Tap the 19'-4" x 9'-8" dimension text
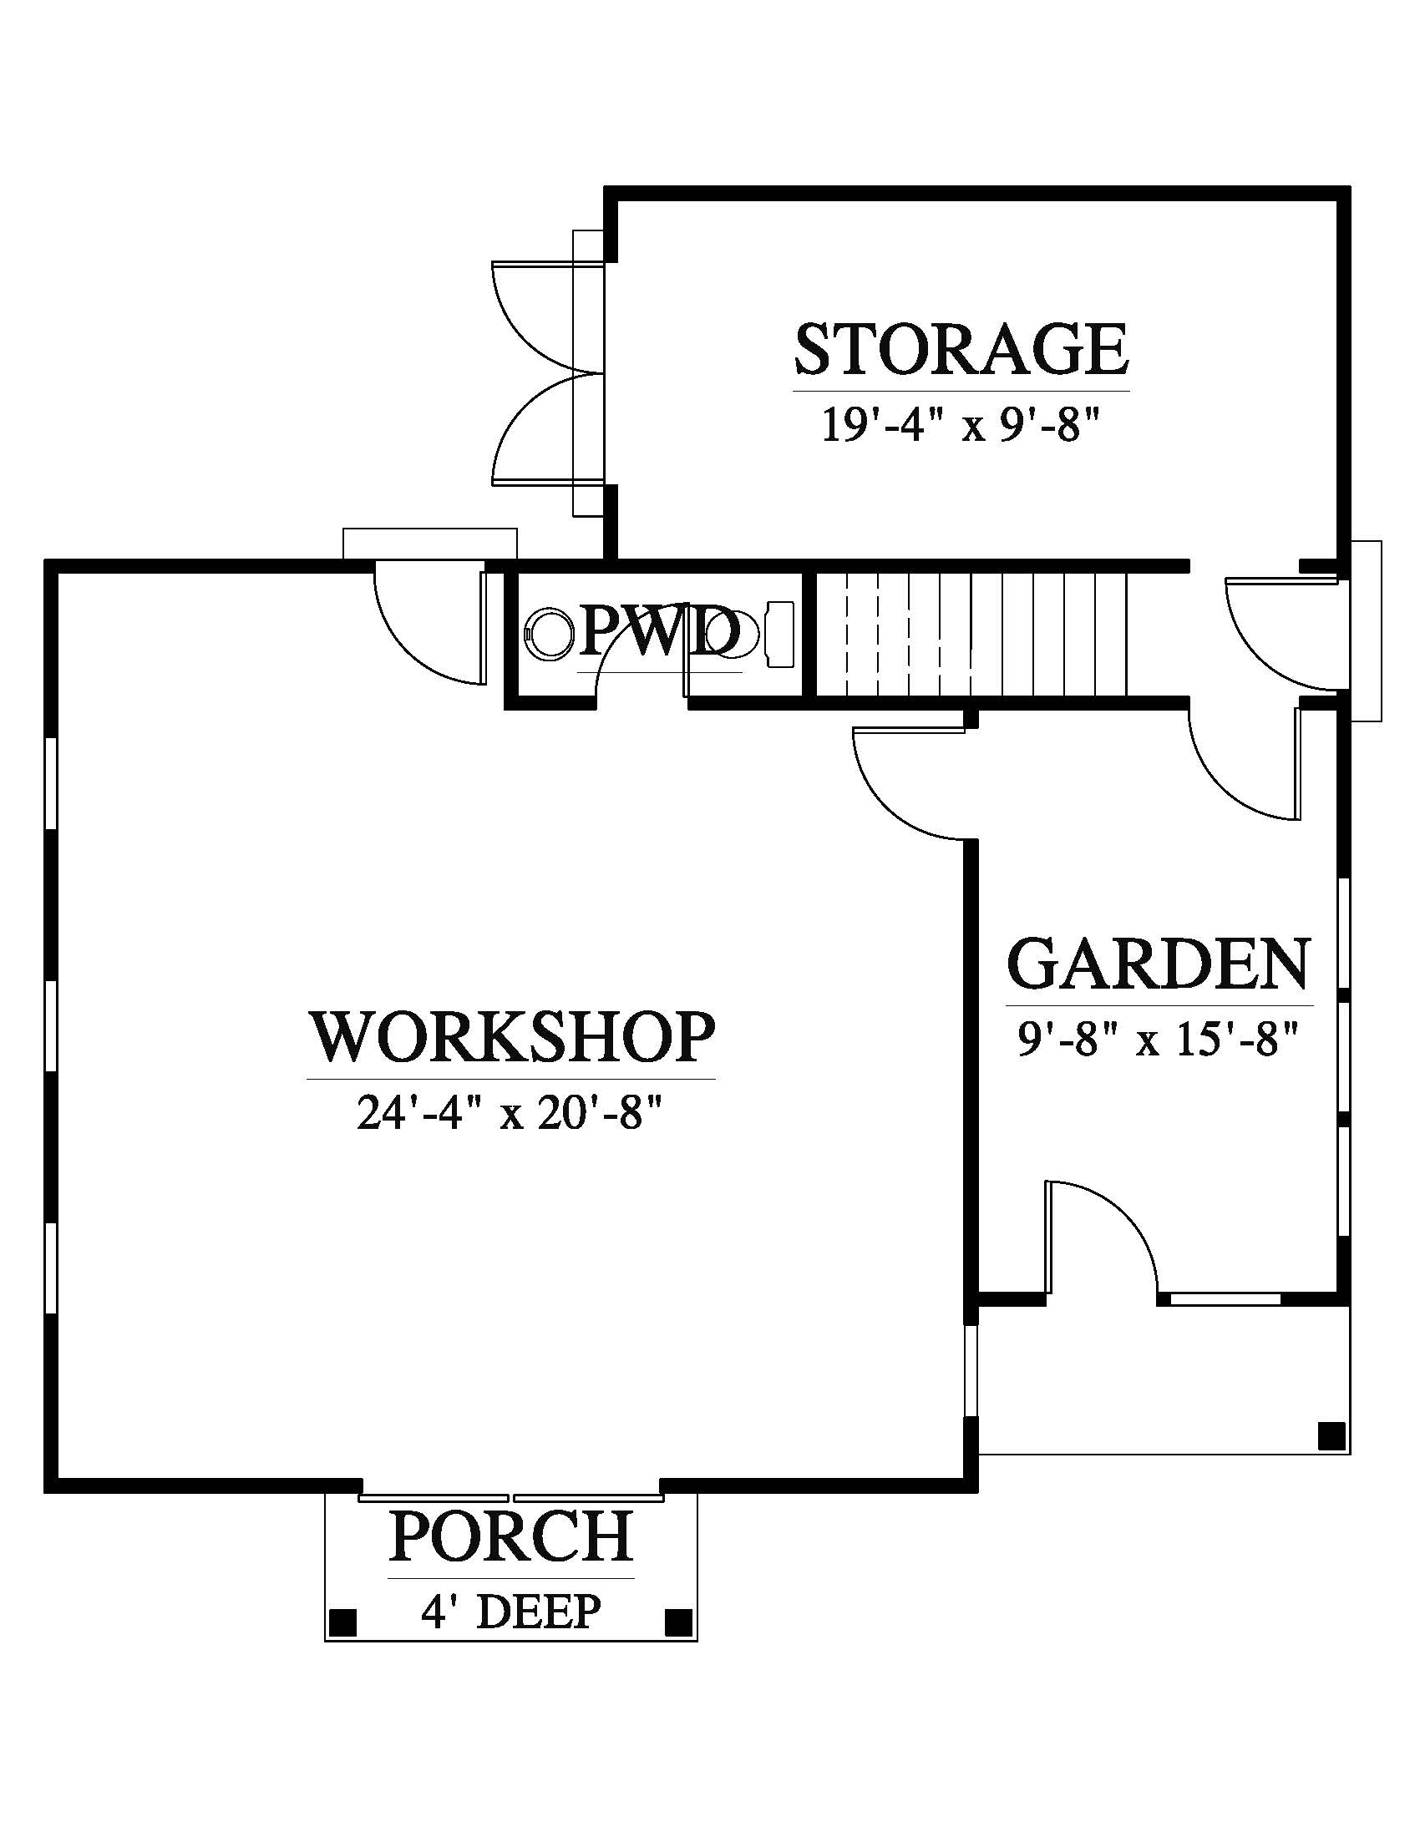pyautogui.click(x=961, y=428)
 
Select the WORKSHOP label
pyautogui.click(x=513, y=1037)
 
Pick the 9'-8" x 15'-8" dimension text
pyautogui.click(x=1159, y=1040)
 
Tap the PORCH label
pyautogui.click(x=510, y=1536)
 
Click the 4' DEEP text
pyautogui.click(x=510, y=1612)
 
